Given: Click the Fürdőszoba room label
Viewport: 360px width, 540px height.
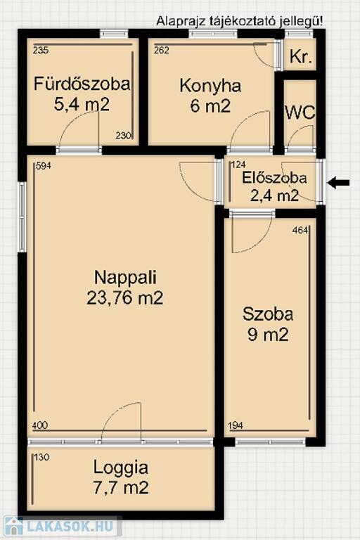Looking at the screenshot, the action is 82,84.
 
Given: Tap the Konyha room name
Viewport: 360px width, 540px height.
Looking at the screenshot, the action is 210,85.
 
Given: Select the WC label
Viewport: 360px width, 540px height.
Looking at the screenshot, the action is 300,112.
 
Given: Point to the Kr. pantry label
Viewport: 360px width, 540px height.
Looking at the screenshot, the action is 301,56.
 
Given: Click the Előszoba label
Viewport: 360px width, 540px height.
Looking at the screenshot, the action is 274,178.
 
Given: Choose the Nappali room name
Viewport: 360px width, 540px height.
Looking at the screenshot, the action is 125,277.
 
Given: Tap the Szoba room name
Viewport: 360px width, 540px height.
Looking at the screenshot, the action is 268,314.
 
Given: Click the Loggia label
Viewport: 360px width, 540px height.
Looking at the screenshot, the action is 121,468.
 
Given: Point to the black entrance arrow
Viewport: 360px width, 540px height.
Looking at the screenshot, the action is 338,183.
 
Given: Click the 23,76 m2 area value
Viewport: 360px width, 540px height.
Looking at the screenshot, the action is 124,298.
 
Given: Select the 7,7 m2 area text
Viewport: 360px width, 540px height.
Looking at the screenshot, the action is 121,487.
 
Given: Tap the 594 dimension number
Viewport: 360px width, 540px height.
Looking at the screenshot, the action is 44,166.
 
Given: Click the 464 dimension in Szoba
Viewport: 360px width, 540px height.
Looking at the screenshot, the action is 300,231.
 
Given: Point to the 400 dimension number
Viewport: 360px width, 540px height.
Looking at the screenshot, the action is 40,425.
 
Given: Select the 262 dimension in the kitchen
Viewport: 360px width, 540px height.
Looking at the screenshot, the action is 162,51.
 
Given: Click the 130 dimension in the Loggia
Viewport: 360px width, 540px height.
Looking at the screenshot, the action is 42,457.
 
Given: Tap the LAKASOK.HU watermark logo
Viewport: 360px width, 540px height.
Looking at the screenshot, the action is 60,526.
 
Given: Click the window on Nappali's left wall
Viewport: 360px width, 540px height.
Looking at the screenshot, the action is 22,217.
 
